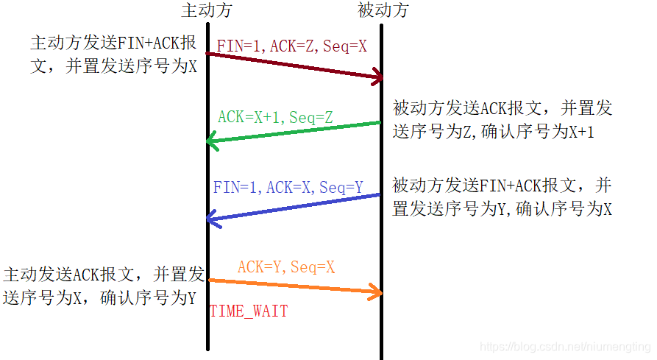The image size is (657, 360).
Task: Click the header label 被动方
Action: [x=383, y=10]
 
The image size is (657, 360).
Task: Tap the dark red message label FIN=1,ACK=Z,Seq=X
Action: [x=291, y=46]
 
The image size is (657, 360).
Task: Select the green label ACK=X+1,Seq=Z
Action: [x=275, y=117]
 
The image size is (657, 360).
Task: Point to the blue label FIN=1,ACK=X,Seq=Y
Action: [x=288, y=187]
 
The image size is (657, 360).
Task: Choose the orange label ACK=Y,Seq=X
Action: [x=285, y=267]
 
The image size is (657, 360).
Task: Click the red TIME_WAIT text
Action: [x=249, y=311]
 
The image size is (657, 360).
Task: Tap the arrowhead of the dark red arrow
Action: [x=379, y=77]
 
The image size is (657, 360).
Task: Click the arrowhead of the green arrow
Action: [x=211, y=140]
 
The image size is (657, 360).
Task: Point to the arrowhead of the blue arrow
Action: [x=211, y=218]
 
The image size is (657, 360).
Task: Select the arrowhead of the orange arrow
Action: [x=379, y=293]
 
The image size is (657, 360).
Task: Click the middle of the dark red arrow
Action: [x=295, y=65]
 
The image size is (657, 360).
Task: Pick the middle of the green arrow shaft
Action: [x=295, y=131]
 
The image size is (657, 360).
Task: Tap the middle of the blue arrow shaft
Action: [x=295, y=206]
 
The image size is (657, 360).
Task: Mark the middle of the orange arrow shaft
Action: [x=295, y=286]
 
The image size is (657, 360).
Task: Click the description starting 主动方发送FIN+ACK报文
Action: [x=114, y=54]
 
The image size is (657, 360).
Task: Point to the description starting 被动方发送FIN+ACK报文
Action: [x=502, y=197]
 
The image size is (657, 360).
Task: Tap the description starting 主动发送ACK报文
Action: [x=103, y=286]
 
